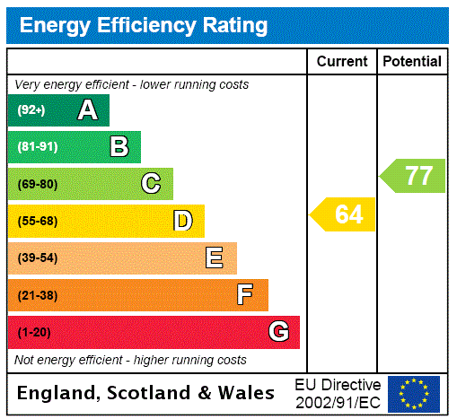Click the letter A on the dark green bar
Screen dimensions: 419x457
click(x=87, y=110)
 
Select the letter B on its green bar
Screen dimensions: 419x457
click(x=119, y=147)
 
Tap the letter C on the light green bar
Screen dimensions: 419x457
click(x=151, y=184)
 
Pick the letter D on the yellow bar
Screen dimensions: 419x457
click(x=182, y=221)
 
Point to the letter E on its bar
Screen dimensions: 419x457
click(x=215, y=258)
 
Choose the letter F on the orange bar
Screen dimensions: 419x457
click(x=245, y=295)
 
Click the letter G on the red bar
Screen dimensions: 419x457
click(x=278, y=332)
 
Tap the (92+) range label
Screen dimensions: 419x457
click(x=31, y=110)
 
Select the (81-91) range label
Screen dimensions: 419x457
click(x=37, y=147)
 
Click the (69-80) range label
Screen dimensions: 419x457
click(x=37, y=184)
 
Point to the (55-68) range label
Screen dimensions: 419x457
click(x=37, y=221)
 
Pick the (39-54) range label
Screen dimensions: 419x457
click(x=37, y=258)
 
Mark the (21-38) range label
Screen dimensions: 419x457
click(x=37, y=295)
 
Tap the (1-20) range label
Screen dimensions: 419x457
click(x=34, y=332)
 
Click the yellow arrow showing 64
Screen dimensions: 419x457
click(x=345, y=214)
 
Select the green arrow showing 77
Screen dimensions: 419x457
click(x=415, y=175)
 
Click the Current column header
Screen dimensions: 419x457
click(x=342, y=62)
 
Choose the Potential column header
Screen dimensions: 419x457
click(x=412, y=62)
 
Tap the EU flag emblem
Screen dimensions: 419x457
click(x=414, y=393)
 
